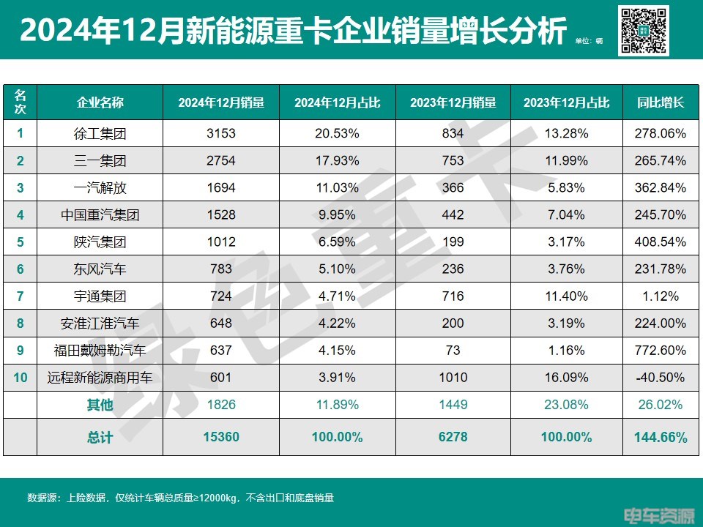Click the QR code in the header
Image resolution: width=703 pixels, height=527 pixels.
[644, 30]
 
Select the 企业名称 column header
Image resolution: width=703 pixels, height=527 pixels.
[100, 102]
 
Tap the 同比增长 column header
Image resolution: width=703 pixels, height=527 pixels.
[660, 102]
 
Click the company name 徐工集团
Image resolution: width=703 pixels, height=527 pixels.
[100, 133]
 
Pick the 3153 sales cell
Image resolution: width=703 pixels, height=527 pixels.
[220, 133]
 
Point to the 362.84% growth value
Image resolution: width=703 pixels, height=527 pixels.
[660, 187]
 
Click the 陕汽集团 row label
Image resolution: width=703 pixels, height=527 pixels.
[100, 242]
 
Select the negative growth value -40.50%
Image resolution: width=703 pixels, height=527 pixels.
[660, 378]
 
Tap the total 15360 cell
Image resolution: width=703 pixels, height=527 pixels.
[220, 438]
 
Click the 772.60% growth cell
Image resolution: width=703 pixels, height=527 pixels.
[660, 351]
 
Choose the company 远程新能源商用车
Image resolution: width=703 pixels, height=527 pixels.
[100, 378]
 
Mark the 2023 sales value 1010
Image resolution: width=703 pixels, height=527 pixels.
[453, 378]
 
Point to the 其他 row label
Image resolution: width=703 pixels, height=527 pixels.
[100, 405]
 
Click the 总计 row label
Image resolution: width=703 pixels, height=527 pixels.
[100, 438]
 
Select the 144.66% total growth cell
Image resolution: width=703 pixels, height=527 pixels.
[660, 438]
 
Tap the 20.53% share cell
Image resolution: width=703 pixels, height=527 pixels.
[337, 133]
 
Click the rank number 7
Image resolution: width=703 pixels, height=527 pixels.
[21, 296]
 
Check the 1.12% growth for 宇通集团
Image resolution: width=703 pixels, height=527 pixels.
[660, 296]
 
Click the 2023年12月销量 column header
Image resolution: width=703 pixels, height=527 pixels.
[453, 102]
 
